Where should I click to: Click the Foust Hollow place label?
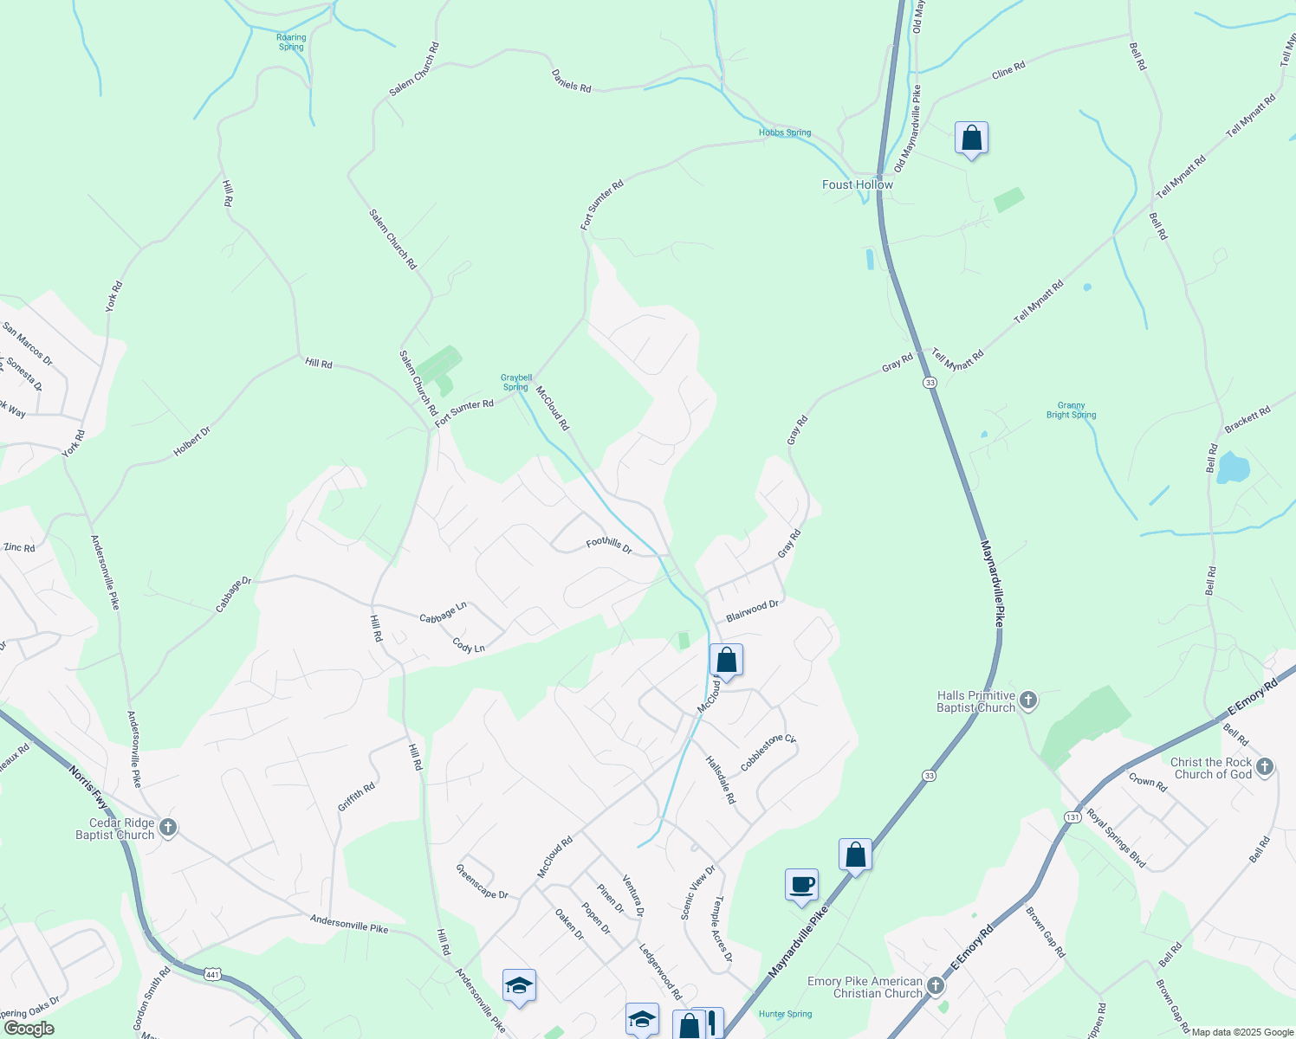tap(857, 184)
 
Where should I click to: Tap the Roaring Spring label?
tap(291, 42)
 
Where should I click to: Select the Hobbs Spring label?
tap(785, 132)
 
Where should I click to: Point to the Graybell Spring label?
tap(516, 382)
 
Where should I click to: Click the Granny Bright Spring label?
tap(1071, 410)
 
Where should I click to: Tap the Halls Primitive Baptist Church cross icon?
tap(1028, 700)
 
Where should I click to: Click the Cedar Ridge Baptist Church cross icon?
tap(168, 828)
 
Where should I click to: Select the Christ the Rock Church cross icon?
tap(1265, 767)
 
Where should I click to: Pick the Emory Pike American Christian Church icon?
tap(936, 986)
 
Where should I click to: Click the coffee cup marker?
tap(801, 885)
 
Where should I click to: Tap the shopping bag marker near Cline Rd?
tap(971, 138)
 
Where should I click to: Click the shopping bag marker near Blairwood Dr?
tap(726, 661)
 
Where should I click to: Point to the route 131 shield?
tap(1073, 816)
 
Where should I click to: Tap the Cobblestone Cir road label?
tap(768, 753)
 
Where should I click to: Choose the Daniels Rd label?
tap(572, 81)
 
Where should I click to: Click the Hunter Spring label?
tap(785, 1014)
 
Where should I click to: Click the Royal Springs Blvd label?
tap(1116, 838)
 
